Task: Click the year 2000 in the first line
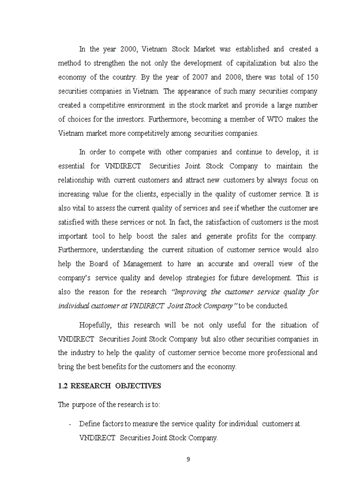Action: [x=128, y=49]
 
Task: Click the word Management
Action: [x=141, y=263]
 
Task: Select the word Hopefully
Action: [x=96, y=325]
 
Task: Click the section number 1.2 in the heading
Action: [x=63, y=386]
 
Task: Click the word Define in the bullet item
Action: [x=90, y=424]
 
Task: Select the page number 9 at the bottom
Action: [x=188, y=460]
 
